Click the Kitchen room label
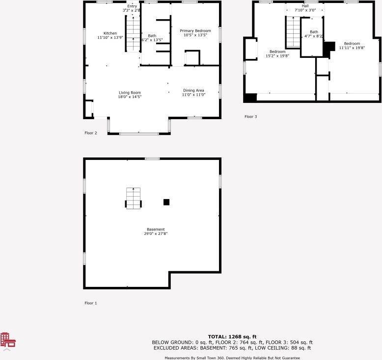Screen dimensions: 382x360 click(x=110, y=33)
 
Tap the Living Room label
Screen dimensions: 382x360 click(x=130, y=93)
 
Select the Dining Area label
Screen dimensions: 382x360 click(x=193, y=91)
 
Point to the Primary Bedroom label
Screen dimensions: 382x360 click(x=195, y=31)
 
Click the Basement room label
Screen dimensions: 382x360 click(x=156, y=229)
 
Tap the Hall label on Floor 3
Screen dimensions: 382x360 click(x=305, y=6)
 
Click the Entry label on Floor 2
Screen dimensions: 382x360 click(x=132, y=6)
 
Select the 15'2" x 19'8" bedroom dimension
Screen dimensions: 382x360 click(x=277, y=56)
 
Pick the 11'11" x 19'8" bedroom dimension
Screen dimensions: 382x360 click(x=352, y=48)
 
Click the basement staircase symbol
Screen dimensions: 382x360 click(x=133, y=198)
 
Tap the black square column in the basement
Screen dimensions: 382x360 click(x=166, y=202)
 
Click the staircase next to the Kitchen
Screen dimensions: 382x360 click(x=133, y=33)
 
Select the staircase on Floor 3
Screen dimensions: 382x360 click(x=293, y=32)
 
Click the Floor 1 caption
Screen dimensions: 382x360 click(x=91, y=303)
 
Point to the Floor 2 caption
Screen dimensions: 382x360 click(x=91, y=133)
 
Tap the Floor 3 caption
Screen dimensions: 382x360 click(x=251, y=117)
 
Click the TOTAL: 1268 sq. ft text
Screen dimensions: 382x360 click(x=232, y=337)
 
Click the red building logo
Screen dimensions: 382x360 click(x=8, y=340)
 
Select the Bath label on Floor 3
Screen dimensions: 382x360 click(x=314, y=32)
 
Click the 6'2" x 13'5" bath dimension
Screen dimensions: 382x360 click(x=152, y=40)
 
